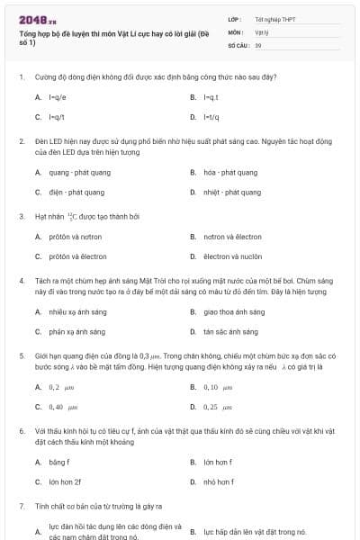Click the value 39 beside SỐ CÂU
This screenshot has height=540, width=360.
click(x=258, y=44)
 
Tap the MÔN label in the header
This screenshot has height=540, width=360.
click(x=236, y=31)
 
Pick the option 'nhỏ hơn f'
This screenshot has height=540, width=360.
click(x=219, y=481)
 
